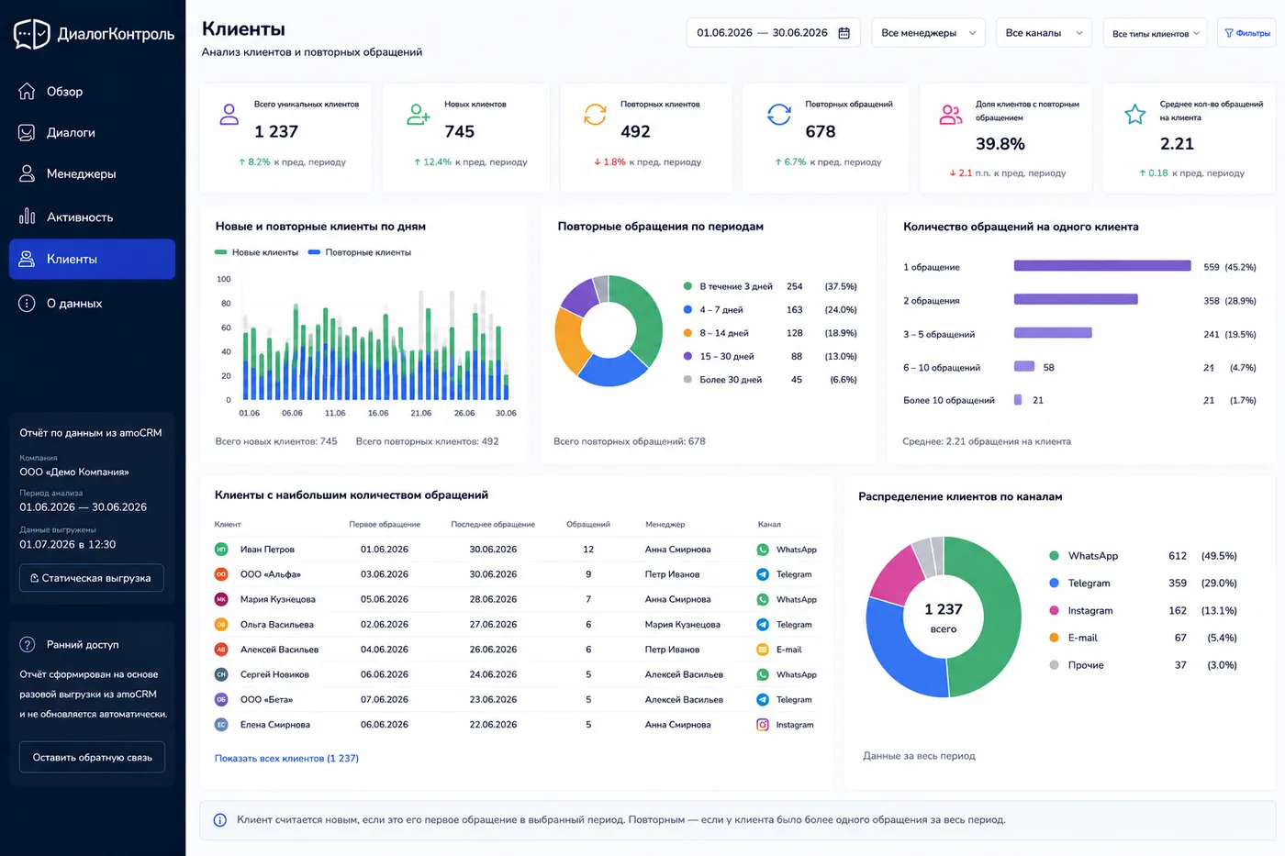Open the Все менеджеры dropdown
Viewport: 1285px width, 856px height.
(928, 33)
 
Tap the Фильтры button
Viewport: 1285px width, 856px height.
(1247, 33)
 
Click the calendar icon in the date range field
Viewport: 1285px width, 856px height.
(844, 33)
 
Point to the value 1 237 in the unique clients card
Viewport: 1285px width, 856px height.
(276, 132)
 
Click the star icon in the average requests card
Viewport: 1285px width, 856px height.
(1134, 114)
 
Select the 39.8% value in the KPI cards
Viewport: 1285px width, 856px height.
(1000, 144)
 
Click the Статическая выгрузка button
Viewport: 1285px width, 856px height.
(92, 578)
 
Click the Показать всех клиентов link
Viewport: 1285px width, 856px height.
(286, 758)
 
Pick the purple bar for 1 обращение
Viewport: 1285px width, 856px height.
(1102, 265)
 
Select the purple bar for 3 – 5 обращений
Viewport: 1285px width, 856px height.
(1053, 332)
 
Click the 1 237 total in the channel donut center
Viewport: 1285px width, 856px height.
(944, 609)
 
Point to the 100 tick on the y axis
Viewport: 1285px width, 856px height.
(224, 279)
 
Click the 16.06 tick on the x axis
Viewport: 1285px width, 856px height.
(378, 413)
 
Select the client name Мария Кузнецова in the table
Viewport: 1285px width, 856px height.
(277, 599)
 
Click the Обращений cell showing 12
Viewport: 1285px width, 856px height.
(588, 550)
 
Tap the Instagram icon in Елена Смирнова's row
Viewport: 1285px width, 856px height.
(763, 725)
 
